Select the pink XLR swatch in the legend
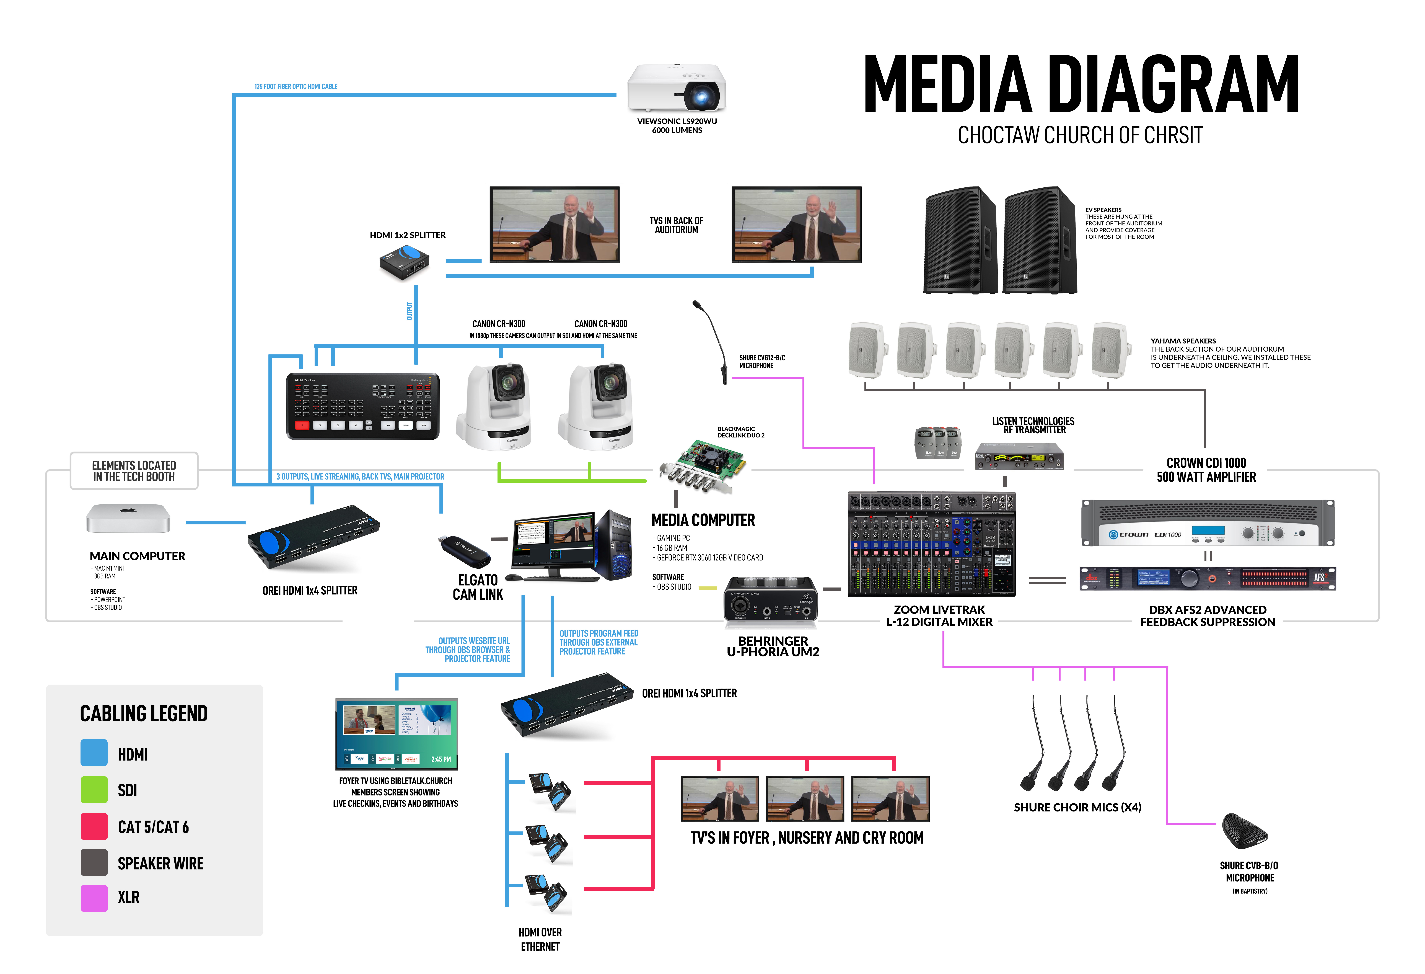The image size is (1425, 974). tap(94, 898)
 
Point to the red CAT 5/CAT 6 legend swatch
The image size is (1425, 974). tap(94, 826)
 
